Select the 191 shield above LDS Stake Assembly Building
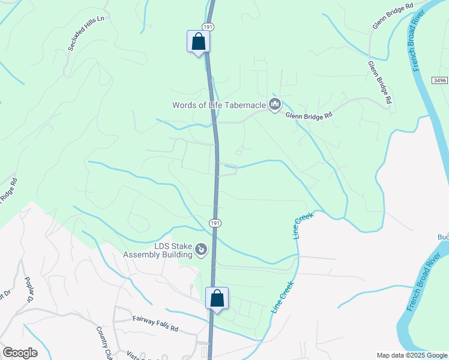pos(215,223)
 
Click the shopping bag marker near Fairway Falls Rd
pos(217,298)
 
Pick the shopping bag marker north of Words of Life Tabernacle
pos(198,41)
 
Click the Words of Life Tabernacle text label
pos(218,105)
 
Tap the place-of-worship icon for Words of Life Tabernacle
pos(275,105)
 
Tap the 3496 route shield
pos(439,80)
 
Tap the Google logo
pos(20,353)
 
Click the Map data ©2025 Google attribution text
pos(411,355)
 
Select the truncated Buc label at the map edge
pos(443,238)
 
